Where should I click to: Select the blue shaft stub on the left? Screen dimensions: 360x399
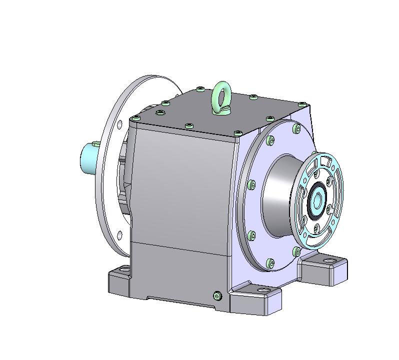pyautogui.click(x=89, y=156)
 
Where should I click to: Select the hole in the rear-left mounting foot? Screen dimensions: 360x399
pyautogui.click(x=120, y=270)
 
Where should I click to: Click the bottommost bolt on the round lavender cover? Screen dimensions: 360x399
pyautogui.click(x=270, y=262)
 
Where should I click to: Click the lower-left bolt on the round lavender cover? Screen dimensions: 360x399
pyautogui.click(x=251, y=234)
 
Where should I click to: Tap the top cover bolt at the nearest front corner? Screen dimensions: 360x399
pyautogui.click(x=237, y=133)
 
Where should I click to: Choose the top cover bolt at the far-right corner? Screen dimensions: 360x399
pyautogui.click(x=301, y=104)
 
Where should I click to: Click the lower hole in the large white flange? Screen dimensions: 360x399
pyautogui.click(x=119, y=235)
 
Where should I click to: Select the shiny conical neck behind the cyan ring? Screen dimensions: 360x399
pyautogui.click(x=280, y=195)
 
